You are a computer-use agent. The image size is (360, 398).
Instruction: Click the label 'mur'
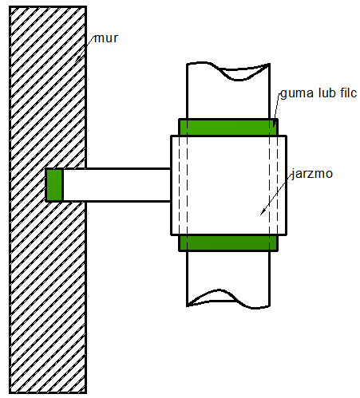point(106,38)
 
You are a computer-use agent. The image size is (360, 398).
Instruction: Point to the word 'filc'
point(348,93)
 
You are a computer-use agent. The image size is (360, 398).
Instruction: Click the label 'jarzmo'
point(312,174)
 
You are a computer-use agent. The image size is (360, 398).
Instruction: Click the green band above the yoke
point(228,128)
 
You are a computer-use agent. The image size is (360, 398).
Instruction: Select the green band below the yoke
point(228,243)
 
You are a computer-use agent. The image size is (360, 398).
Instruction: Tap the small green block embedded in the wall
point(54,185)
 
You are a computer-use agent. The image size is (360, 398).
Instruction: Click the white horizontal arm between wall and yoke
point(117,185)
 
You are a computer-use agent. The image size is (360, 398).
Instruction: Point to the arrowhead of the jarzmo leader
point(262,212)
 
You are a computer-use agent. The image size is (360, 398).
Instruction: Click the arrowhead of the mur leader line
point(77,59)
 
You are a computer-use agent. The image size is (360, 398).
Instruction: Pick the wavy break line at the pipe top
point(228,69)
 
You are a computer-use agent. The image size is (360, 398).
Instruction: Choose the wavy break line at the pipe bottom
point(228,299)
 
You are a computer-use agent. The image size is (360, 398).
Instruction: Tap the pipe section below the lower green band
point(228,277)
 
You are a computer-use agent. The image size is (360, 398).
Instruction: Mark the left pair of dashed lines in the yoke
point(183,186)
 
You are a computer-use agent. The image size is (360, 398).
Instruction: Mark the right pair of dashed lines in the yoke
point(274,186)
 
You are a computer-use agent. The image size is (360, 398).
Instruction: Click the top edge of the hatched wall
point(48,6)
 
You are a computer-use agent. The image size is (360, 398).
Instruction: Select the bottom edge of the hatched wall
point(48,392)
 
